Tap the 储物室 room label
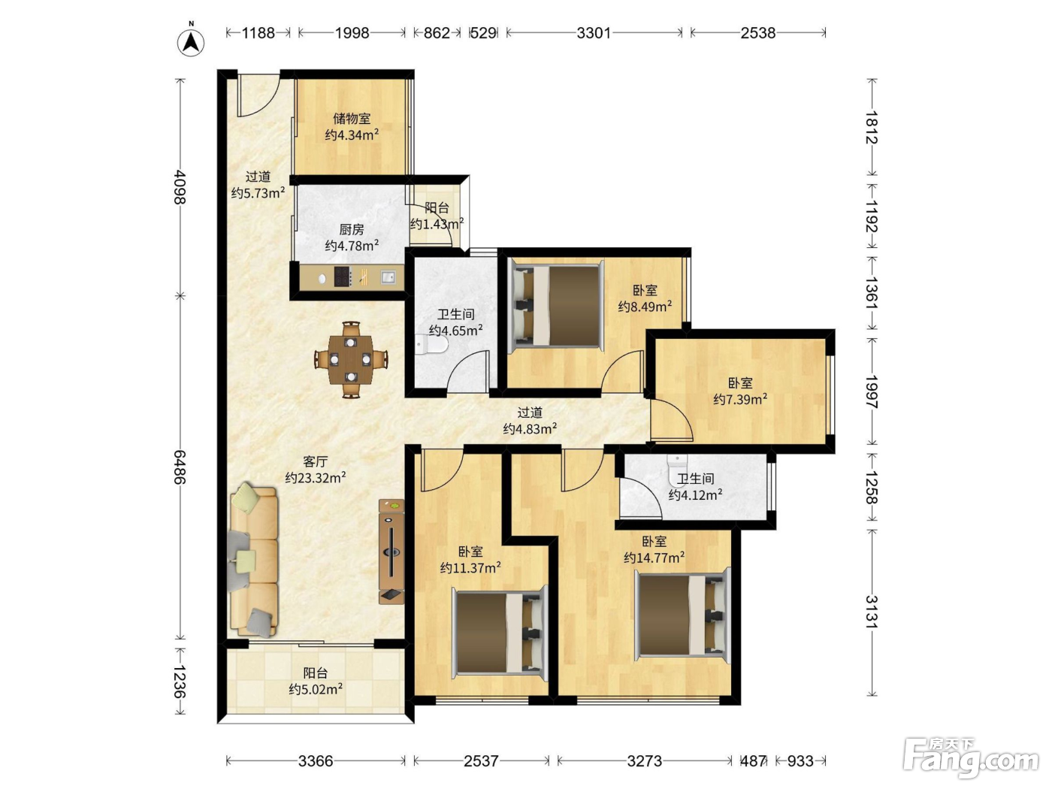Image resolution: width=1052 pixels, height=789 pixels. (352, 118)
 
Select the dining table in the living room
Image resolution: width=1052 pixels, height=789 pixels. (352, 359)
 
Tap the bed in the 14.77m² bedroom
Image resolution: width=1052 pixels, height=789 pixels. (682, 615)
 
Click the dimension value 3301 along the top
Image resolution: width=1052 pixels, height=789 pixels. (594, 32)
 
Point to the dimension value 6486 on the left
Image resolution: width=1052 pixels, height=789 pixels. (180, 467)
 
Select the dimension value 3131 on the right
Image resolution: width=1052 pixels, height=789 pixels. (872, 612)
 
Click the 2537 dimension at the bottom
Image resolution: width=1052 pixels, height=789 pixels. (481, 760)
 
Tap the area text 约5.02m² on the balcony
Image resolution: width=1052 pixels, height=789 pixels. (316, 689)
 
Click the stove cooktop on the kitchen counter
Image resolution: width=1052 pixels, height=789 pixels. (343, 277)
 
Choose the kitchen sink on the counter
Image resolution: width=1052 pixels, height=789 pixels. (388, 277)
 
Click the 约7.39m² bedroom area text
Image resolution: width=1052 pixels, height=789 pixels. (740, 398)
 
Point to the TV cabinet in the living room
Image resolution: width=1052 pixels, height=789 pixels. (391, 552)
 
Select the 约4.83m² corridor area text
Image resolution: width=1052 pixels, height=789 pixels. (530, 428)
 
